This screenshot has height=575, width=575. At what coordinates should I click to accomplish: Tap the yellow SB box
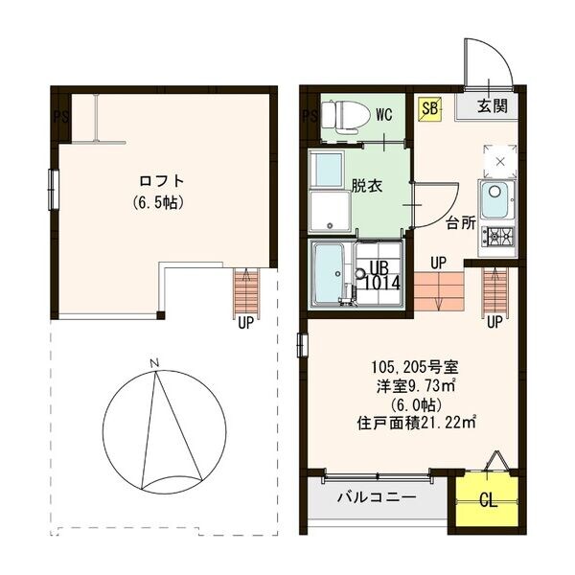pos(429,108)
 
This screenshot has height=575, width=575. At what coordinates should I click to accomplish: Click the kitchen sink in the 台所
pos(496,200)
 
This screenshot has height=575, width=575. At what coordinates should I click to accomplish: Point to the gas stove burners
pos(497,236)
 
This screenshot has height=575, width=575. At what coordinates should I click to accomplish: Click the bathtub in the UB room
pos(331,272)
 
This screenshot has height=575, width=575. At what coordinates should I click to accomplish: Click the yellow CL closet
pos(487,499)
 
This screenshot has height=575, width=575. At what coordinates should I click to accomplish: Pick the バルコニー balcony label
pos(376,498)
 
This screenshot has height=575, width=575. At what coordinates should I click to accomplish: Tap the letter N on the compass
pos(153,362)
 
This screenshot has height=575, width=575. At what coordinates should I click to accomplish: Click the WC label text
pos(384,115)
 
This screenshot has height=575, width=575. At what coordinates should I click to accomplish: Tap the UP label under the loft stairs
pos(246,323)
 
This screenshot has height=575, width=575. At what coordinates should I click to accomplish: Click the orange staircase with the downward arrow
pos(438,291)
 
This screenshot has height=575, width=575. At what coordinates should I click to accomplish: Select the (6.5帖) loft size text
pos(159,202)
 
